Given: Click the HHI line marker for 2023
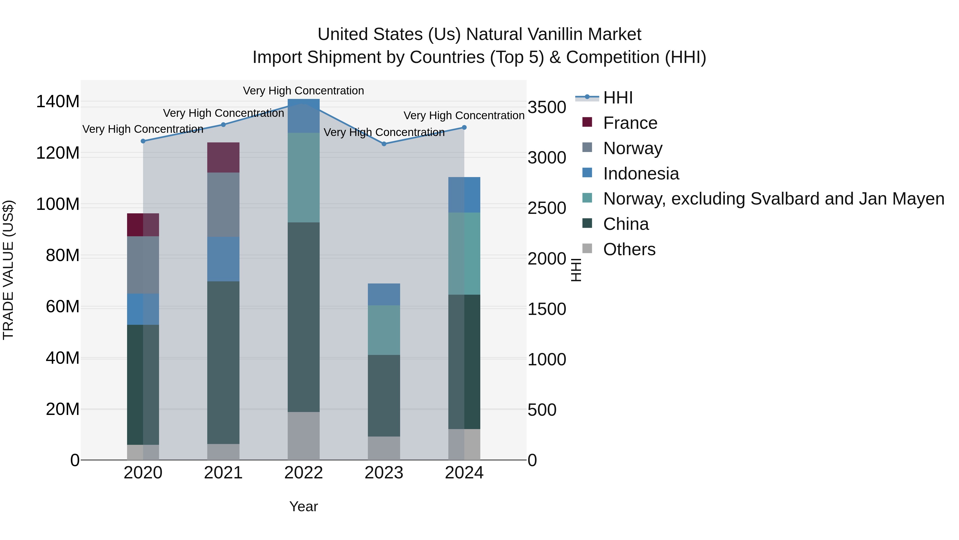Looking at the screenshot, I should pyautogui.click(x=384, y=144).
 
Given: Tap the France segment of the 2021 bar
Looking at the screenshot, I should pyautogui.click(x=224, y=157).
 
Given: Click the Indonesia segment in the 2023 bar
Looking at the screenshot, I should pyautogui.click(x=384, y=294).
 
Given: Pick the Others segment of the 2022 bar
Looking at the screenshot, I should pyautogui.click(x=303, y=436).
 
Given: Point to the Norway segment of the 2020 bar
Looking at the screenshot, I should pyautogui.click(x=143, y=265).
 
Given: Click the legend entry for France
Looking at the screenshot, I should pyautogui.click(x=630, y=123).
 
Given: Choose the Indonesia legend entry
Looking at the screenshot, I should pyautogui.click(x=641, y=174).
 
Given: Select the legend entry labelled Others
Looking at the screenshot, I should pyautogui.click(x=629, y=249).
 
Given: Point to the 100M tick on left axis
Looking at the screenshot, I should pyautogui.click(x=58, y=204).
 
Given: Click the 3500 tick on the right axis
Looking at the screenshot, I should pyautogui.click(x=547, y=107).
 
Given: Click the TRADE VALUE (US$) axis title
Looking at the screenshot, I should pyautogui.click(x=8, y=270).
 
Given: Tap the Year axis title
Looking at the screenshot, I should pyautogui.click(x=303, y=506).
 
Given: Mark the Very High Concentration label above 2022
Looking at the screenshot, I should pyautogui.click(x=303, y=91).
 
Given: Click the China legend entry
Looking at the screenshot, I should pyautogui.click(x=625, y=224).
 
